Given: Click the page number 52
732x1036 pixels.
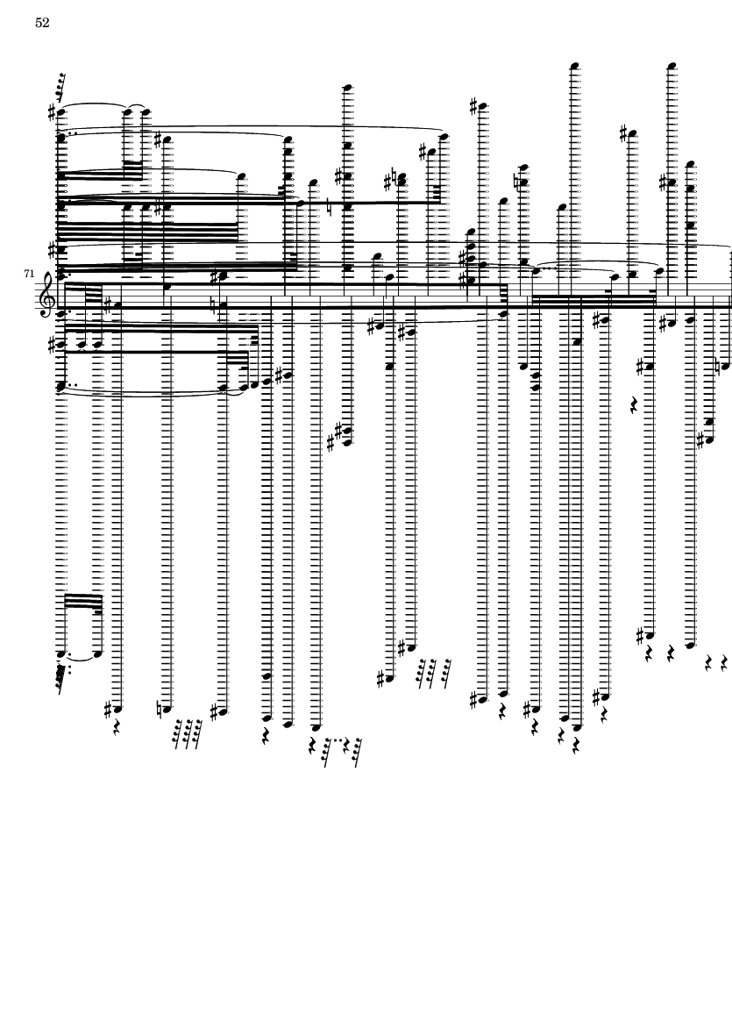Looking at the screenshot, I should coord(42,24).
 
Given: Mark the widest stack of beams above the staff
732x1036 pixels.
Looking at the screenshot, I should coord(149,232).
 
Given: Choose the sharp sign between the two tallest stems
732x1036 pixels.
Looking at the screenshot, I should coord(622,133).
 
